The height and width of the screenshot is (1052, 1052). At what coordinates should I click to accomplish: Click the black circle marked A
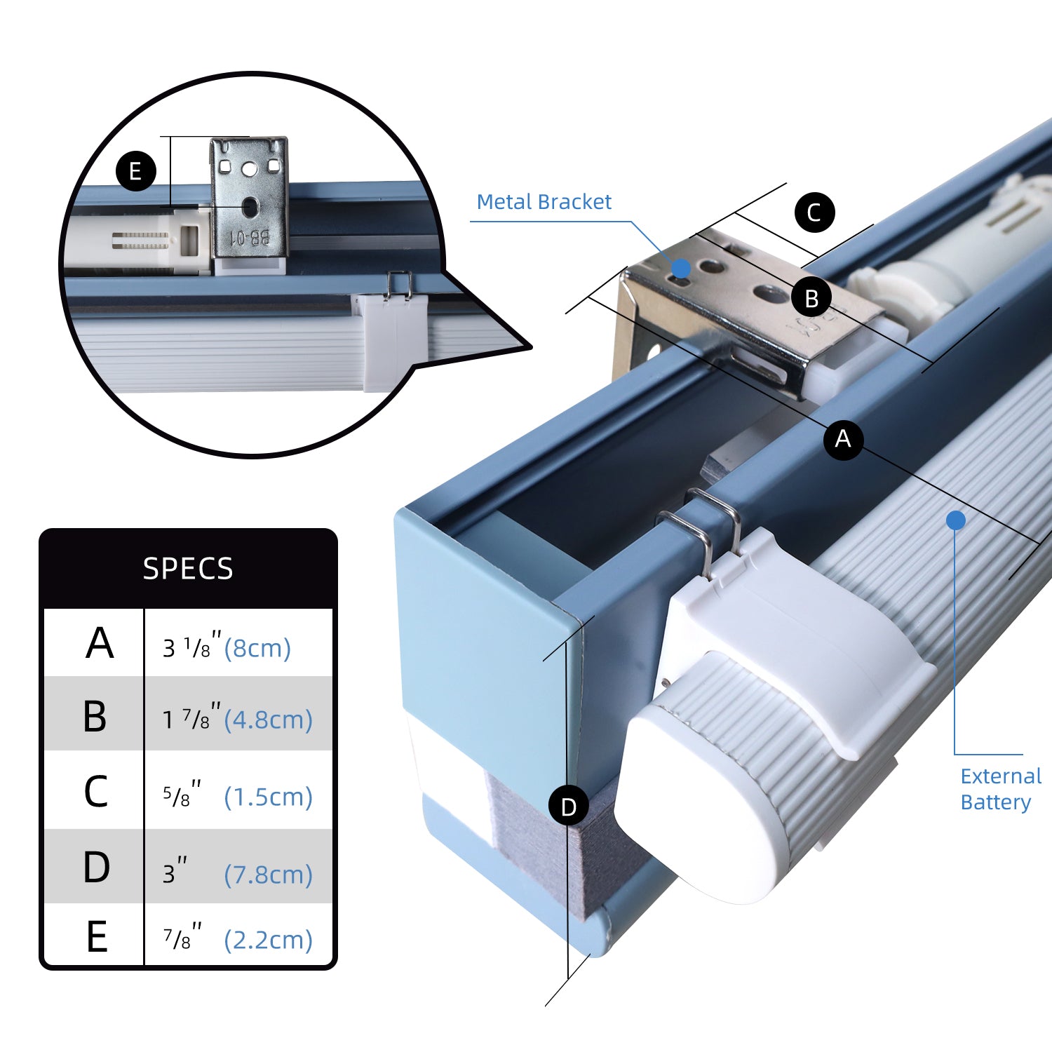point(843,439)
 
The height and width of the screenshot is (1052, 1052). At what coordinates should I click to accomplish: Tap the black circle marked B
point(811,297)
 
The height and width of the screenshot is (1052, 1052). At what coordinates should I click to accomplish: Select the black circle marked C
point(814,212)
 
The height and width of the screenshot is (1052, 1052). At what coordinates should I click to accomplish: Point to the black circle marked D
point(568,807)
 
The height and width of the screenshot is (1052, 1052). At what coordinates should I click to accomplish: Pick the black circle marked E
point(135,171)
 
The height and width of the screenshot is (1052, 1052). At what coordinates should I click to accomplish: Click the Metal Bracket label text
point(544,202)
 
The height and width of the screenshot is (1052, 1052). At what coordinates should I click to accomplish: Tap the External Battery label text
point(1000,789)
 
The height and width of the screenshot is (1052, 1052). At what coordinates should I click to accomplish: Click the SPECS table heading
point(188,568)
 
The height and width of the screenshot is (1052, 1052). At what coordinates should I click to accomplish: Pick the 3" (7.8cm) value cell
point(238,871)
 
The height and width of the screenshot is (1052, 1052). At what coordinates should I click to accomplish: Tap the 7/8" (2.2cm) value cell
point(238,938)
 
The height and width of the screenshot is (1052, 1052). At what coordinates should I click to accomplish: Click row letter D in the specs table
point(97,868)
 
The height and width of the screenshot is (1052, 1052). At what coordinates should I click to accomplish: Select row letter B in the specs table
point(95,717)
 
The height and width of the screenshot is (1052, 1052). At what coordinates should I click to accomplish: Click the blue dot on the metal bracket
point(680,267)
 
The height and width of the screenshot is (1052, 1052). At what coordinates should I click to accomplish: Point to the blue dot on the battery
point(956,520)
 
